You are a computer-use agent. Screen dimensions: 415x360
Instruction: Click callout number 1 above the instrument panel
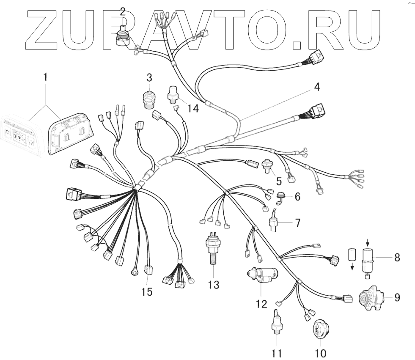[45, 78]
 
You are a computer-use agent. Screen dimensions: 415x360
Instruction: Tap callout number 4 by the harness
[317, 88]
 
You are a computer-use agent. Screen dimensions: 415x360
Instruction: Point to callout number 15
[147, 292]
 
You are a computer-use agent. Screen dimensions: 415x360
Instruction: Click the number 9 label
[397, 297]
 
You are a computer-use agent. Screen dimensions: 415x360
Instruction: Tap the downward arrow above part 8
[368, 242]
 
